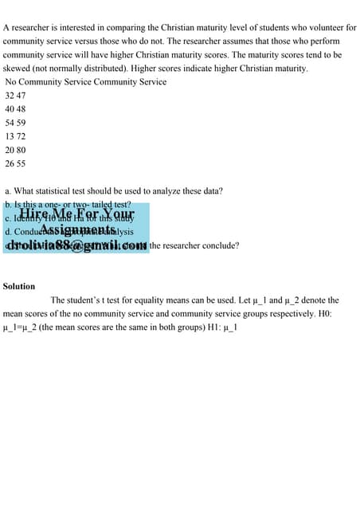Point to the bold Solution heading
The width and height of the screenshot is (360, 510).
tap(19, 286)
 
